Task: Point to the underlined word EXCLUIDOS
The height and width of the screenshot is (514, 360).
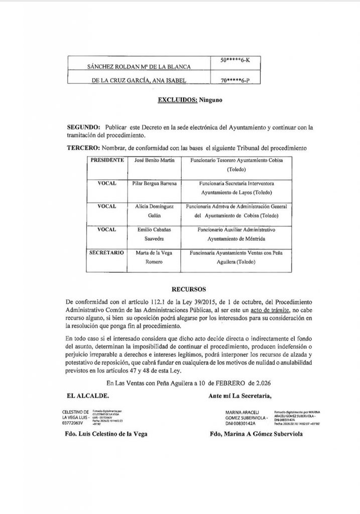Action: [x=176, y=99]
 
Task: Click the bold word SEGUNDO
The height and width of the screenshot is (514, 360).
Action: [x=83, y=127]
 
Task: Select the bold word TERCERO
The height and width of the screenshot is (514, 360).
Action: [x=83, y=149]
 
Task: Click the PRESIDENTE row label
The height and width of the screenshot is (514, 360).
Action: [x=107, y=159]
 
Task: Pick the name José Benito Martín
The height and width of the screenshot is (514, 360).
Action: [x=153, y=159]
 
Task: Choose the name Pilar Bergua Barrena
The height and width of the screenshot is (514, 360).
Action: [x=153, y=184]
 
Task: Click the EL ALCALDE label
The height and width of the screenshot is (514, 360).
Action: [x=85, y=396]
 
